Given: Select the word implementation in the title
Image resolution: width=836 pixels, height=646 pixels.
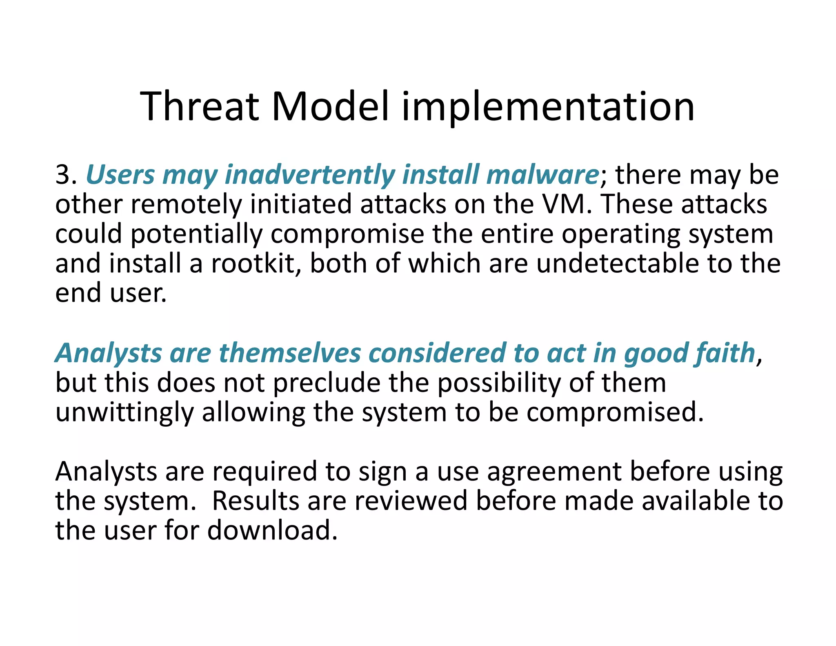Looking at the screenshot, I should pyautogui.click(x=548, y=107).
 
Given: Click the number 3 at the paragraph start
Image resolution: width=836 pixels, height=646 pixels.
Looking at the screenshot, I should pyautogui.click(x=63, y=175).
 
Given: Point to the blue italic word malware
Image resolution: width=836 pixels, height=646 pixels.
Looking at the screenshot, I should pyautogui.click(x=543, y=175).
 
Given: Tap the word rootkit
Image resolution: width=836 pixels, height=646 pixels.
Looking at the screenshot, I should pyautogui.click(x=256, y=263).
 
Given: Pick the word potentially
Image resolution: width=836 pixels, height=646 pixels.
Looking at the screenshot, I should pyautogui.click(x=196, y=234).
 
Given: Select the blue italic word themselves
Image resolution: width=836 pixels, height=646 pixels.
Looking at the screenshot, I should pyautogui.click(x=290, y=353).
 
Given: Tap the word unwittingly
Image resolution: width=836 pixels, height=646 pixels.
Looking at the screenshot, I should pyautogui.click(x=124, y=413).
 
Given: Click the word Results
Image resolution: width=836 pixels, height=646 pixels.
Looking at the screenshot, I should pyautogui.click(x=255, y=501).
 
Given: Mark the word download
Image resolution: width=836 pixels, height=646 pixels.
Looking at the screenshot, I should pyautogui.click(x=272, y=530).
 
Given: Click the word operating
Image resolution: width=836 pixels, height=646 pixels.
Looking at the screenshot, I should pyautogui.click(x=620, y=234).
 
